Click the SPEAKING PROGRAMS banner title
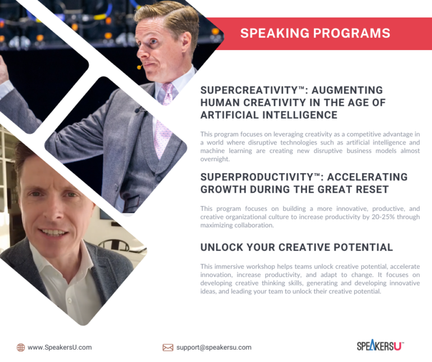[315, 33]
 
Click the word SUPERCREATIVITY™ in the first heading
[245, 90]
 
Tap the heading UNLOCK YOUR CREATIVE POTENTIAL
[296, 247]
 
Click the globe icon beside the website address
[21, 347]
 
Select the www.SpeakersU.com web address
[60, 347]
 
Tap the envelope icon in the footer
[168, 347]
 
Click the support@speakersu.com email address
[214, 347]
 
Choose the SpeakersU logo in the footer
[380, 346]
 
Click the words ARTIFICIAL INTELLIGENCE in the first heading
[269, 115]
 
